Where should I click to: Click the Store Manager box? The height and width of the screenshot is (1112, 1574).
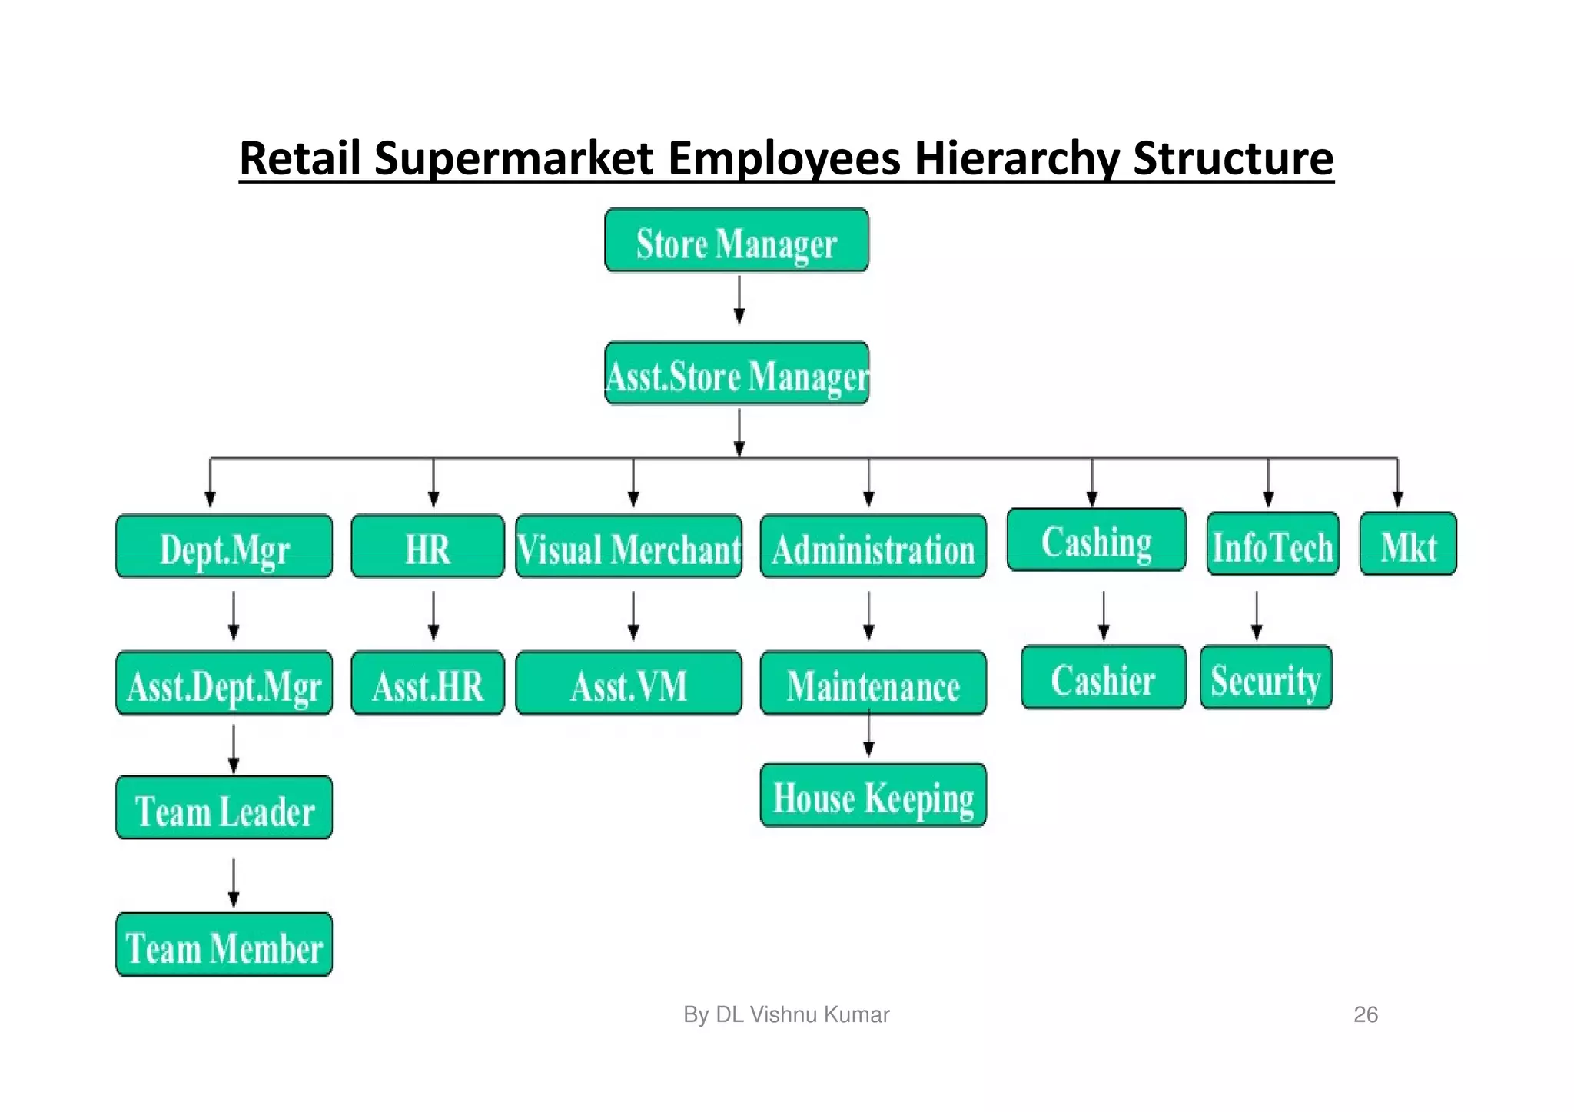click(736, 241)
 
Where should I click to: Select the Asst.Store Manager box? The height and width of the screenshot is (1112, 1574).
click(736, 374)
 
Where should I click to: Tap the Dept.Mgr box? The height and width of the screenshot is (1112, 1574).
click(224, 547)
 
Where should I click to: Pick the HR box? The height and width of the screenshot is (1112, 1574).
click(427, 547)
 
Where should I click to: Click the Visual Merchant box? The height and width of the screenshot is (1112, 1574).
click(629, 547)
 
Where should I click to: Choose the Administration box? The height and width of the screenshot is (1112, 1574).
click(873, 547)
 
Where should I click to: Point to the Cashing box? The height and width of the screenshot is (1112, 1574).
click(1096, 540)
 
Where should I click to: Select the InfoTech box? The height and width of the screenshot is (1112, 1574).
click(1273, 544)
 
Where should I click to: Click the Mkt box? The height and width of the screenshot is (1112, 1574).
click(1408, 544)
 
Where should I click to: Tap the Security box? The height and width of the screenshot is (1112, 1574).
click(1266, 678)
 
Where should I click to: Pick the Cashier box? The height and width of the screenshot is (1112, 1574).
click(1103, 678)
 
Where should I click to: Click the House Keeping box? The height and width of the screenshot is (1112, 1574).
click(873, 795)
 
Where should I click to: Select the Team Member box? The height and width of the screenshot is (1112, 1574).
click(224, 945)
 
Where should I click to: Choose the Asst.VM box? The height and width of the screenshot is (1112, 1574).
click(629, 684)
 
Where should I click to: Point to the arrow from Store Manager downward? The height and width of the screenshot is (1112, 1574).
click(739, 300)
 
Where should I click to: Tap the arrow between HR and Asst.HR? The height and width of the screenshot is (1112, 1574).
click(433, 615)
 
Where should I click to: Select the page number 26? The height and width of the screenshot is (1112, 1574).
click(1365, 1014)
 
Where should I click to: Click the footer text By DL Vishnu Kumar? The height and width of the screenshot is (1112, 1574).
click(786, 1014)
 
